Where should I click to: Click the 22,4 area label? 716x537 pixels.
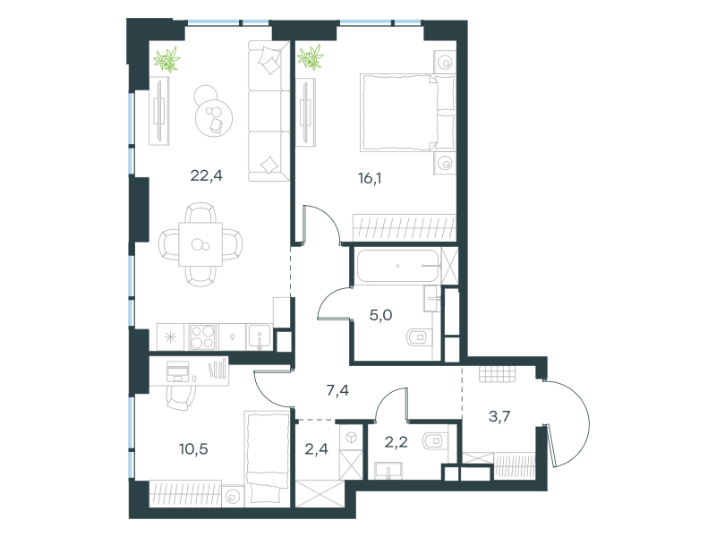click(x=207, y=175)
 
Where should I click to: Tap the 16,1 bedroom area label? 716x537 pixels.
click(x=370, y=178)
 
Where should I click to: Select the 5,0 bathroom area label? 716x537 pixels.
click(x=381, y=315)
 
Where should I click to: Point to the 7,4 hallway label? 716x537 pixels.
click(x=338, y=390)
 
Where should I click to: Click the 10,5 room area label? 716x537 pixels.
click(x=193, y=449)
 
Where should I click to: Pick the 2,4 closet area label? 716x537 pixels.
click(x=317, y=449)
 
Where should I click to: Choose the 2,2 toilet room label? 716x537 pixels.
click(x=396, y=442)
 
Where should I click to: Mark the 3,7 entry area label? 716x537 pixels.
click(x=499, y=416)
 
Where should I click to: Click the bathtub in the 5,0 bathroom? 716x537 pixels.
click(x=397, y=266)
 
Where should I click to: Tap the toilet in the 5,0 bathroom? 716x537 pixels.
click(x=418, y=337)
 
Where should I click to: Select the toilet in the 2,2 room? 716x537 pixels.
click(x=435, y=441)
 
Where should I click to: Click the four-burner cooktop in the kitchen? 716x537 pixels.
click(x=202, y=337)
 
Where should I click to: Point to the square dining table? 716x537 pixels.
click(x=200, y=244)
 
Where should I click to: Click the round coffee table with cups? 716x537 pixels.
click(x=214, y=116)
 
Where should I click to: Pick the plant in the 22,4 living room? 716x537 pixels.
click(x=166, y=60)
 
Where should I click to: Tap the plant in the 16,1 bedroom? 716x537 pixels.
click(x=310, y=57)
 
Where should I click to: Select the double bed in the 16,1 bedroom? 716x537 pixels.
click(x=407, y=113)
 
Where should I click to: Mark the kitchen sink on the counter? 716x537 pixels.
click(x=260, y=337)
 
